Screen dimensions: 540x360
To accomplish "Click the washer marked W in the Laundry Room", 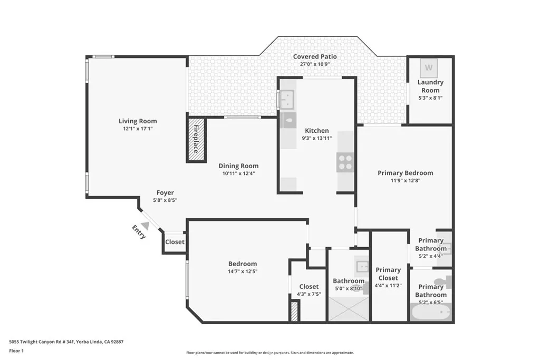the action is pyautogui.click(x=429, y=68).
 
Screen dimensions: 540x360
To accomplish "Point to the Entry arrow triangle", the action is pyautogui.click(x=146, y=226).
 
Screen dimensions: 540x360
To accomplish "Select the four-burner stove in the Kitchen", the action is pyautogui.click(x=345, y=162).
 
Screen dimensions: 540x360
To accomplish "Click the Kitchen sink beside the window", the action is pyautogui.click(x=287, y=99).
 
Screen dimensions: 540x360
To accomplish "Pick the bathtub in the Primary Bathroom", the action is pyautogui.click(x=430, y=313).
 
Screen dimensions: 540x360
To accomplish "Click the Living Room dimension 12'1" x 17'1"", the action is pyautogui.click(x=138, y=129).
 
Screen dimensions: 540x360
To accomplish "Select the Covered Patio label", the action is pyautogui.click(x=315, y=56).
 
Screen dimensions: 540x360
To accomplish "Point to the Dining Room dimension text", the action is pyautogui.click(x=238, y=173).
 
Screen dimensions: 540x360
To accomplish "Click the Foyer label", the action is pyautogui.click(x=165, y=193).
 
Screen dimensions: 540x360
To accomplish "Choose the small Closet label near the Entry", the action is pyautogui.click(x=175, y=242).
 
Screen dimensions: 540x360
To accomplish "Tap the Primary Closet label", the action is pyautogui.click(x=388, y=274).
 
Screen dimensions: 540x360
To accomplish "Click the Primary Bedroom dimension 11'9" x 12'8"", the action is pyautogui.click(x=406, y=180).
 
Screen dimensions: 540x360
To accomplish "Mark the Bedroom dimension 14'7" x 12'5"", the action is pyautogui.click(x=243, y=271).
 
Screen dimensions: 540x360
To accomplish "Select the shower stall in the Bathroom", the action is pyautogui.click(x=348, y=309).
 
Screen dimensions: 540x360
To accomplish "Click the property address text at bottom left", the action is pyautogui.click(x=66, y=342).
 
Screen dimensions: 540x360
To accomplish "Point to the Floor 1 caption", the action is pyautogui.click(x=16, y=351).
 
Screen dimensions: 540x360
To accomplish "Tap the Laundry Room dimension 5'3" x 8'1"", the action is pyautogui.click(x=430, y=98).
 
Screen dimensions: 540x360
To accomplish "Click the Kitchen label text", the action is pyautogui.click(x=317, y=130).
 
